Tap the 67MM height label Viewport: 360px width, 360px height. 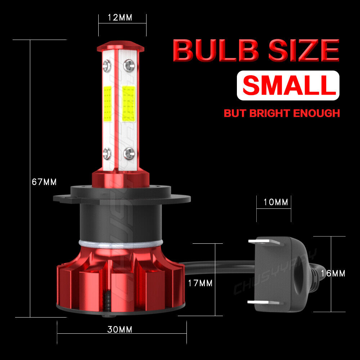pyautogui.click(x=44, y=182)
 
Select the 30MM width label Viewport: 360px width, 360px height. pyautogui.click(x=120, y=329)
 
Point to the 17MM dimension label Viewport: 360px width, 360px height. pyautogui.click(x=200, y=283)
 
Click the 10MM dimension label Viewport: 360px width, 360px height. pyautogui.click(x=276, y=202)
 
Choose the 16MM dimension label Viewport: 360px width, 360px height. pyautogui.click(x=333, y=274)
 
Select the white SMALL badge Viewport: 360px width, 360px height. pyautogui.click(x=288, y=85)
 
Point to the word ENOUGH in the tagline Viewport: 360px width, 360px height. pyautogui.click(x=317, y=113)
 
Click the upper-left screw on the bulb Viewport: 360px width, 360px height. pyautogui.click(x=107, y=65)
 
